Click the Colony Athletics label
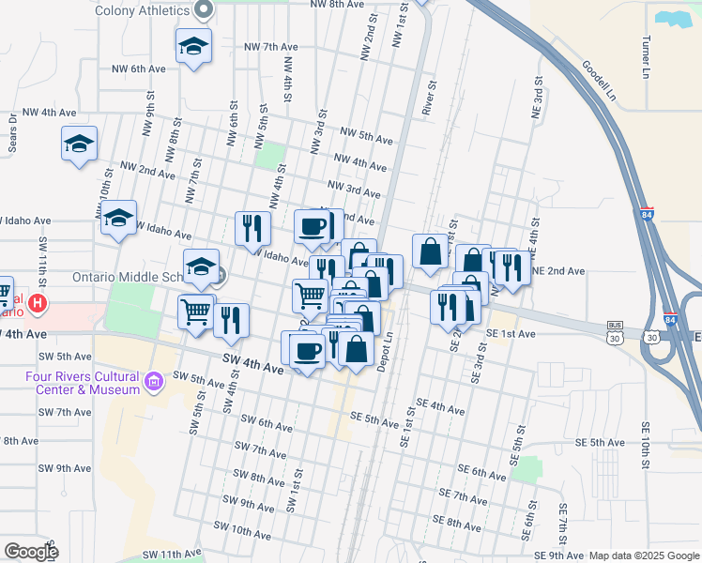point(144,11)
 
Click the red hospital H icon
point(38,303)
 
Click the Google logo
point(31,552)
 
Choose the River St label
point(432,98)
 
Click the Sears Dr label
point(12,127)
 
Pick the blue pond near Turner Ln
point(672,19)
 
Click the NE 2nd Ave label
point(557,271)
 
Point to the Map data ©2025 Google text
point(644,555)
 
